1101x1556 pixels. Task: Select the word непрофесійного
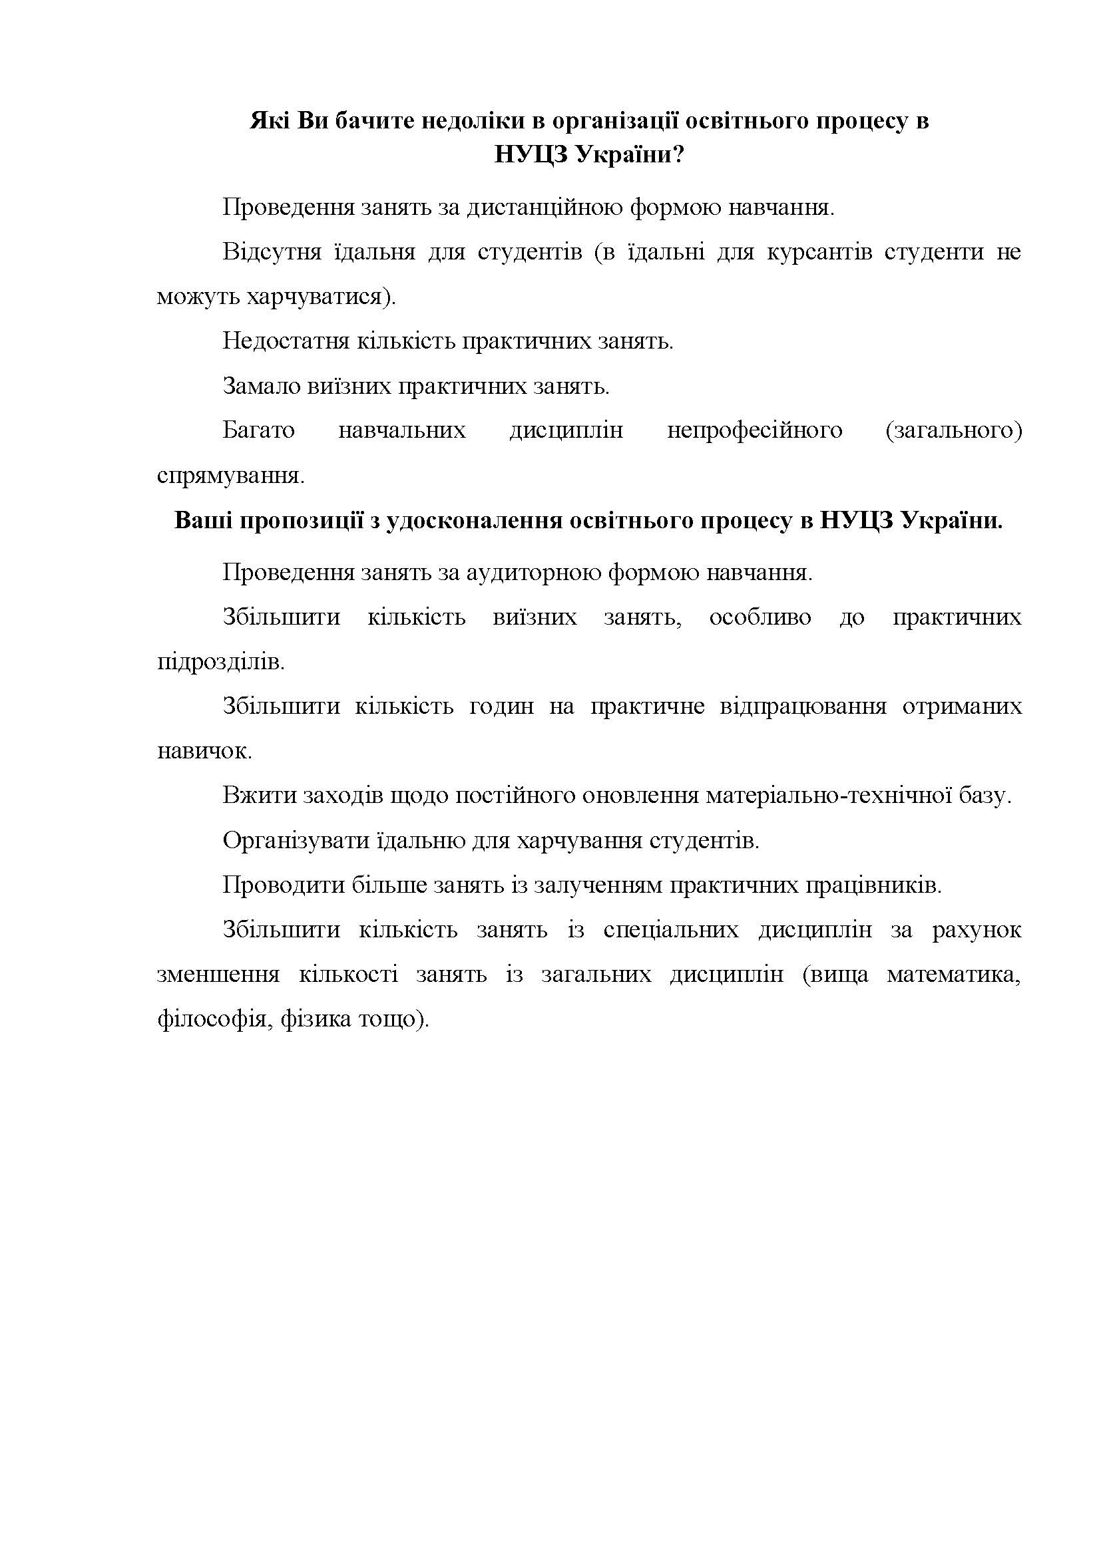click(755, 430)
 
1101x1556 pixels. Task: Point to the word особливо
click(760, 617)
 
